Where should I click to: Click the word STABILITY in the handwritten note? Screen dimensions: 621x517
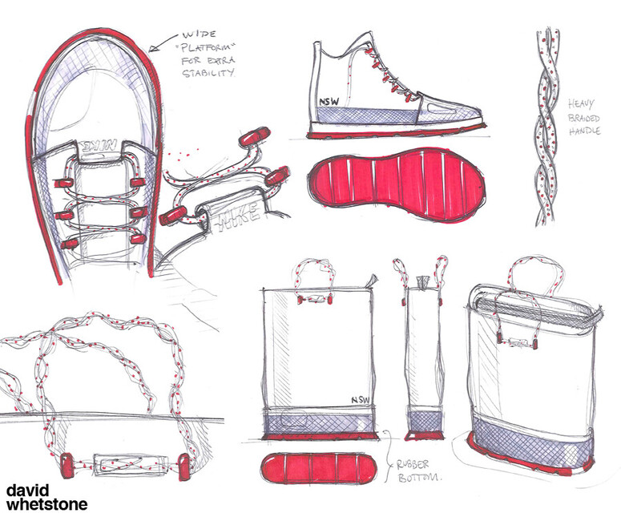(x=208, y=73)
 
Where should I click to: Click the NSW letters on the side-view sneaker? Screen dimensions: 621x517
(x=329, y=102)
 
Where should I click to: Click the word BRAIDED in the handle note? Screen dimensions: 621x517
(x=584, y=118)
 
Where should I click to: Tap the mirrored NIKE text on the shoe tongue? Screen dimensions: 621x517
(x=99, y=146)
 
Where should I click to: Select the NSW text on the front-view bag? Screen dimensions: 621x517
(x=360, y=400)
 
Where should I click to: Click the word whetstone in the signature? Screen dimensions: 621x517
(x=46, y=504)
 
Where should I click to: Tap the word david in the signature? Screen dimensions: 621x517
(x=28, y=491)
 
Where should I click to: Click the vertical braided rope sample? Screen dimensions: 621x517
(x=548, y=127)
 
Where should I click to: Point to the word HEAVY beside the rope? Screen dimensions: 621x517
(x=581, y=104)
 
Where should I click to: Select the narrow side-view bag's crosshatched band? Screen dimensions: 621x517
(x=425, y=422)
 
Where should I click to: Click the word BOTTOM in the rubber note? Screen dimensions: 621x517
(x=418, y=477)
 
